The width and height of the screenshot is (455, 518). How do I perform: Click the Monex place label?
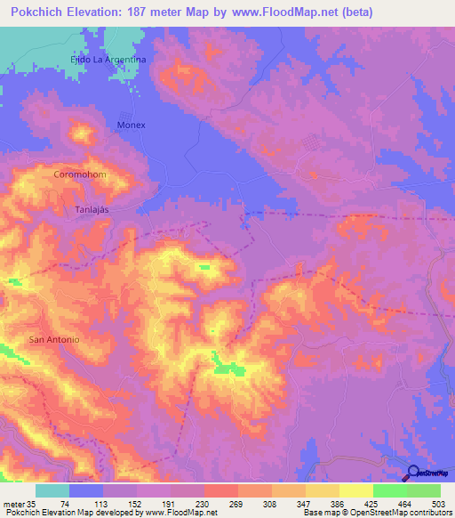click(132, 125)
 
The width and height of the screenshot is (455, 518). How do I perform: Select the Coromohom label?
click(79, 174)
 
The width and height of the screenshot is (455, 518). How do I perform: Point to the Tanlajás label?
click(92, 208)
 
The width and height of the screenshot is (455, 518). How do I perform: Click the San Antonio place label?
click(55, 340)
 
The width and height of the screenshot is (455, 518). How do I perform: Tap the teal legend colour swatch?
click(52, 490)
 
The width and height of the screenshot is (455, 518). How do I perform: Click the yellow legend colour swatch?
click(356, 490)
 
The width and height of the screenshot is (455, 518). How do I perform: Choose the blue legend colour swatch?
click(86, 490)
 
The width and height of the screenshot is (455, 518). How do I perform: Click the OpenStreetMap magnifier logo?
click(414, 473)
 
